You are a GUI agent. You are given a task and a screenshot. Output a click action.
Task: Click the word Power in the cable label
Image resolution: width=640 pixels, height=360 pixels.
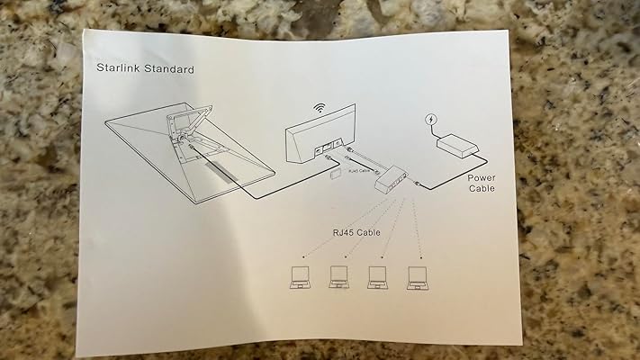click(x=482, y=177)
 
